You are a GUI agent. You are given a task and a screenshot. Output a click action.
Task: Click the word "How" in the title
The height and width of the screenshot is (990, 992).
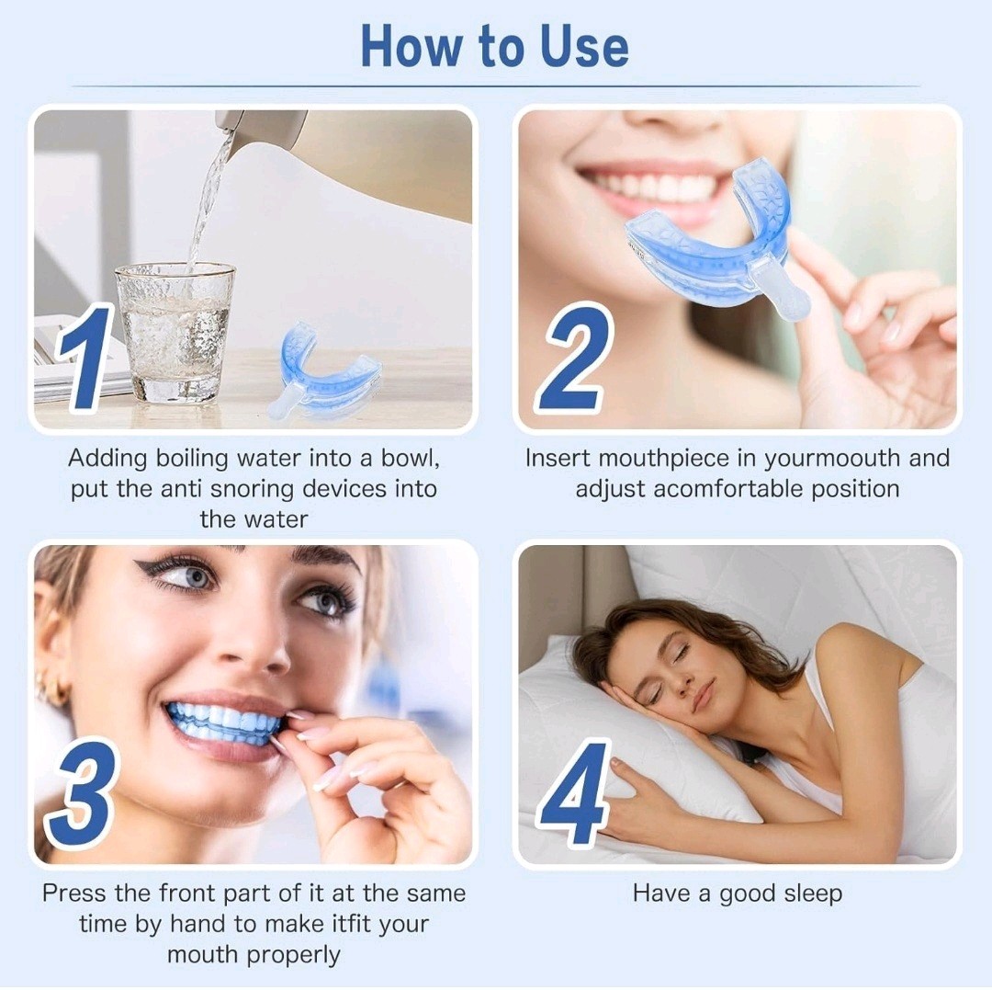pyautogui.click(x=411, y=46)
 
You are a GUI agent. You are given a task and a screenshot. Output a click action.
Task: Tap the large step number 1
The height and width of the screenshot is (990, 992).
pyautogui.click(x=85, y=357)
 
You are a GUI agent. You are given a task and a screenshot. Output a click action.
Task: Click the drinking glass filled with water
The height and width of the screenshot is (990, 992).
pyautogui.click(x=175, y=333)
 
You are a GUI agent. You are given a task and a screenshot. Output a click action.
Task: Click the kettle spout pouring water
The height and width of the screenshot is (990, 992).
pyautogui.click(x=231, y=123)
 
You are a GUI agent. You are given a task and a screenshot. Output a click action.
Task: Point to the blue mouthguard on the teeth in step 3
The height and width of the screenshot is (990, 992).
pyautogui.click(x=222, y=722)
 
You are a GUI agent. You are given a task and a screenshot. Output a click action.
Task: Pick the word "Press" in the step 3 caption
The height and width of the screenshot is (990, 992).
pyautogui.click(x=75, y=893)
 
